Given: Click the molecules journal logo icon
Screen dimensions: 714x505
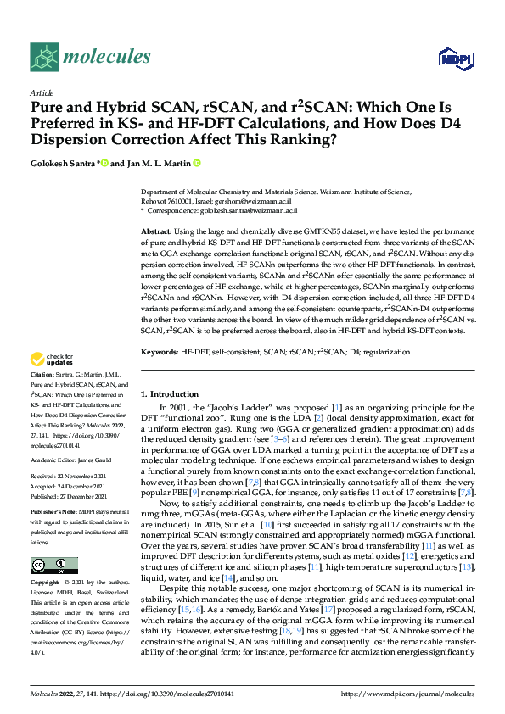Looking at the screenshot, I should (46, 58).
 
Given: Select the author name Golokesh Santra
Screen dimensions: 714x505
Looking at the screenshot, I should (64, 163).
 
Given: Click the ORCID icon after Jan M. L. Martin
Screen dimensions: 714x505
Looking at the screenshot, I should (198, 163).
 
